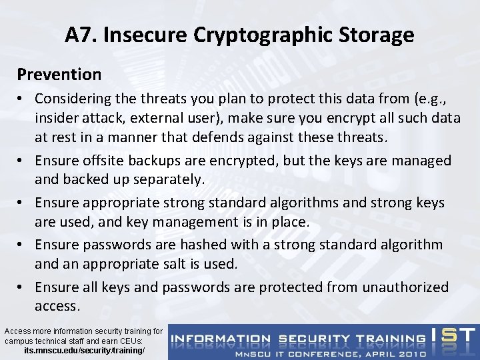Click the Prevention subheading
pos(59,73)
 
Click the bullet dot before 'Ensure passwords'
pos(23,245)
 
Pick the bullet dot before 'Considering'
pos(23,99)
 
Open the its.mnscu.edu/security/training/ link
pos(83,349)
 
